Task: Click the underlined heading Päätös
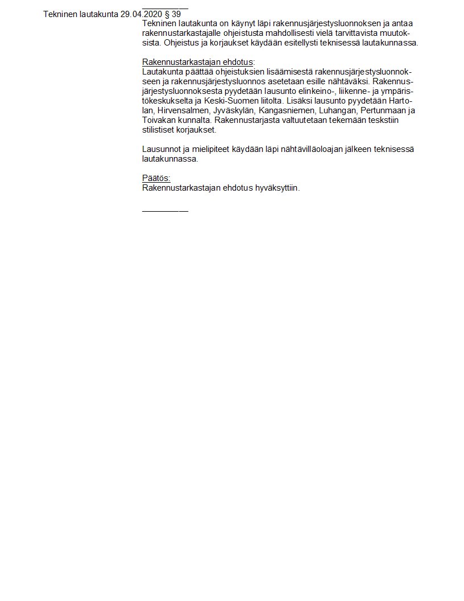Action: [x=156, y=178]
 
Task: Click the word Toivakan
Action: [x=160, y=120]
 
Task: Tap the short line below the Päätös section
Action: [x=165, y=211]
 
